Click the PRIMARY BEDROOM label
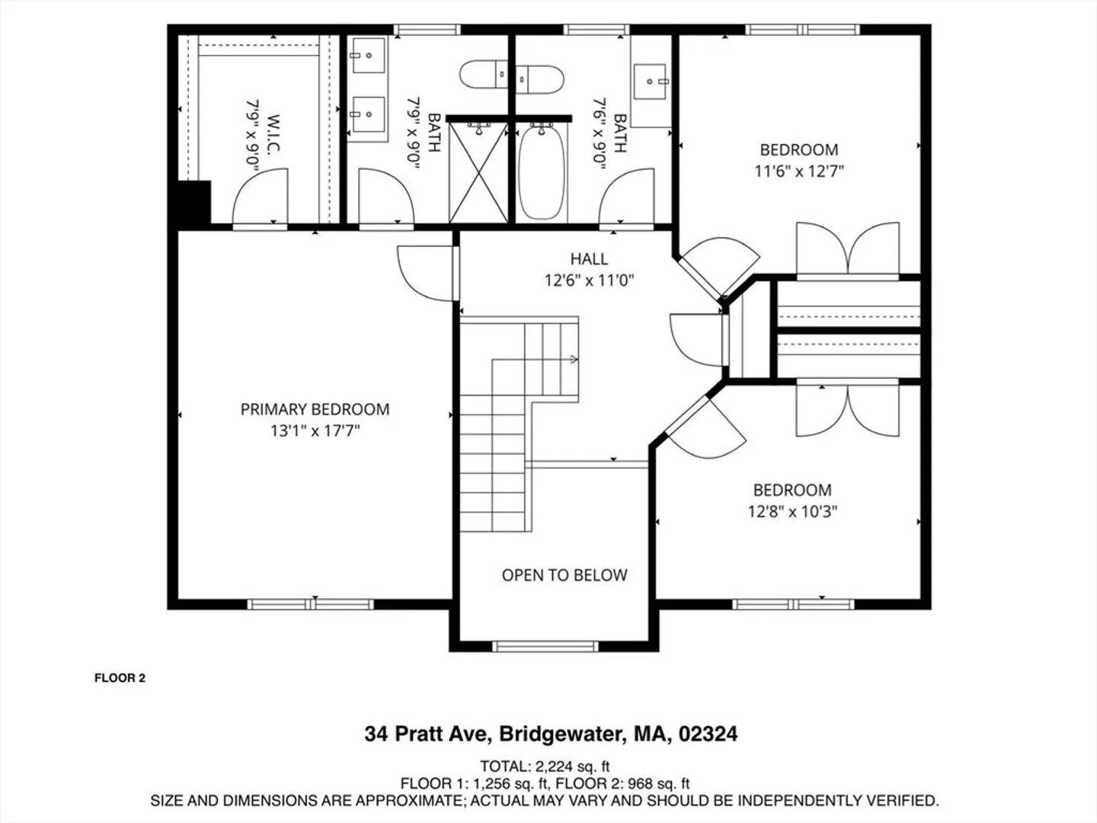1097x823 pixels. [315, 409]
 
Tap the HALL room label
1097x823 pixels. [589, 259]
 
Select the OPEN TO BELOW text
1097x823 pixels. [564, 575]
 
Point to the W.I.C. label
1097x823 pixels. [274, 133]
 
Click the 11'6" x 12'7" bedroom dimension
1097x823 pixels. [799, 171]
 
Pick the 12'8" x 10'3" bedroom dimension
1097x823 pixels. [792, 511]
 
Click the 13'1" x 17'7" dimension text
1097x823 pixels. [315, 431]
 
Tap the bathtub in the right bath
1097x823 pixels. [542, 172]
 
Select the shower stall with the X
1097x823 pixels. [478, 172]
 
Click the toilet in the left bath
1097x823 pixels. [484, 75]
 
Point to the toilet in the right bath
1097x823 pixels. [540, 79]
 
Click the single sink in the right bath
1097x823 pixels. [651, 81]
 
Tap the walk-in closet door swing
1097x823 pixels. [260, 197]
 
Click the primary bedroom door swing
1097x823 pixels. [425, 274]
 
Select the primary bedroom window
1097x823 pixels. [310, 604]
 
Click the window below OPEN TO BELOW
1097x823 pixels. [545, 647]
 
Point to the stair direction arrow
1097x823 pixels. [574, 359]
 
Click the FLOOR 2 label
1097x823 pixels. [120, 678]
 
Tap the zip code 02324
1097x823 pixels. [708, 734]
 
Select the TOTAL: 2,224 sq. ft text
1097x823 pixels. [545, 766]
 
